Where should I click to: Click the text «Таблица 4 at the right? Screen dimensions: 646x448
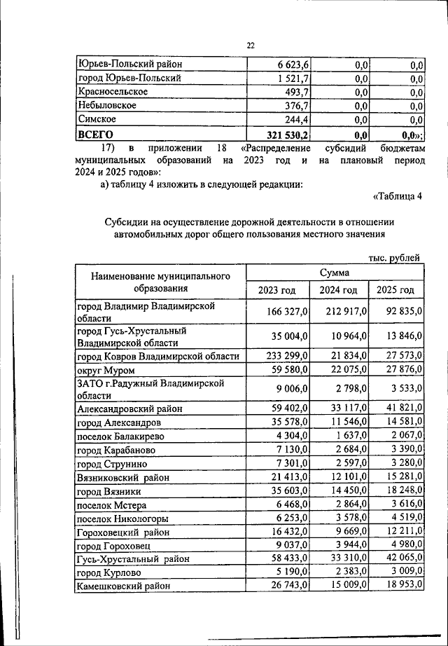pyautogui.click(x=398, y=195)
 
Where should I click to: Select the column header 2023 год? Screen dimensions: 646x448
pyautogui.click(x=277, y=290)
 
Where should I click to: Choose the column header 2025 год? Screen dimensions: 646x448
pyautogui.click(x=395, y=290)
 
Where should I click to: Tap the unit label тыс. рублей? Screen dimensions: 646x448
pyautogui.click(x=395, y=258)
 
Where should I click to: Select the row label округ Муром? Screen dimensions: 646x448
pyautogui.click(x=105, y=370)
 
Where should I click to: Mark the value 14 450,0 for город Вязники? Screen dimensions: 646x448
pyautogui.click(x=339, y=491)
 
